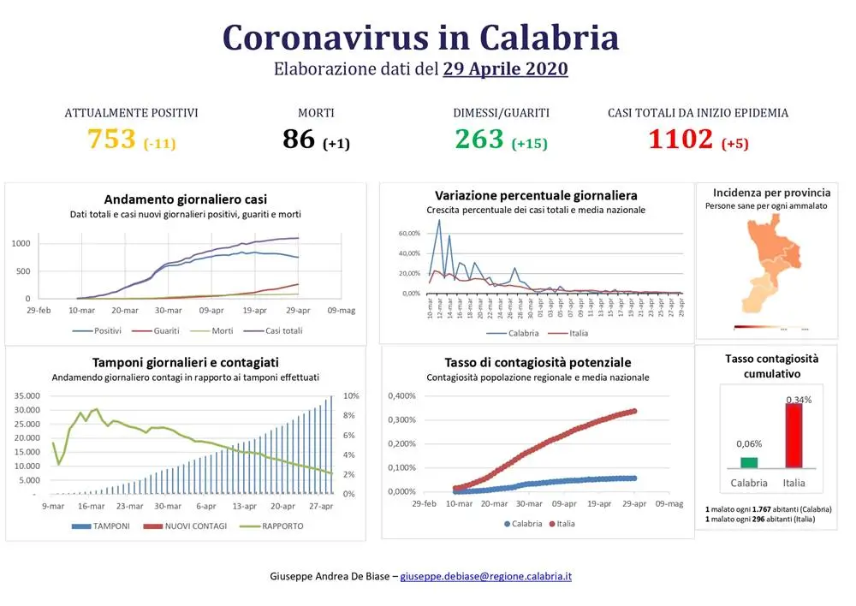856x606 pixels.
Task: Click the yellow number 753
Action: coord(112,139)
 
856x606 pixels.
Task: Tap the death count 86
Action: coord(299,139)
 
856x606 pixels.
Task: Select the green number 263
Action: coord(479,139)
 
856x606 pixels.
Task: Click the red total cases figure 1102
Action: coord(681,139)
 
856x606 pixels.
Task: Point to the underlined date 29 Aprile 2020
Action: coord(505,69)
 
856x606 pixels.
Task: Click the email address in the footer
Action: coord(485,576)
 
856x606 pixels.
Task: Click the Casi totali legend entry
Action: coord(279,330)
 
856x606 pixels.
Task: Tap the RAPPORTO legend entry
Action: coord(282,526)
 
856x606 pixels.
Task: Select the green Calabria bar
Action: coord(749,462)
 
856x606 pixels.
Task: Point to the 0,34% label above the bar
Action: coord(799,399)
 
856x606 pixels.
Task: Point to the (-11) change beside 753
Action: coord(159,143)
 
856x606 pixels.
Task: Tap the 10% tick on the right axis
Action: coord(350,396)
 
